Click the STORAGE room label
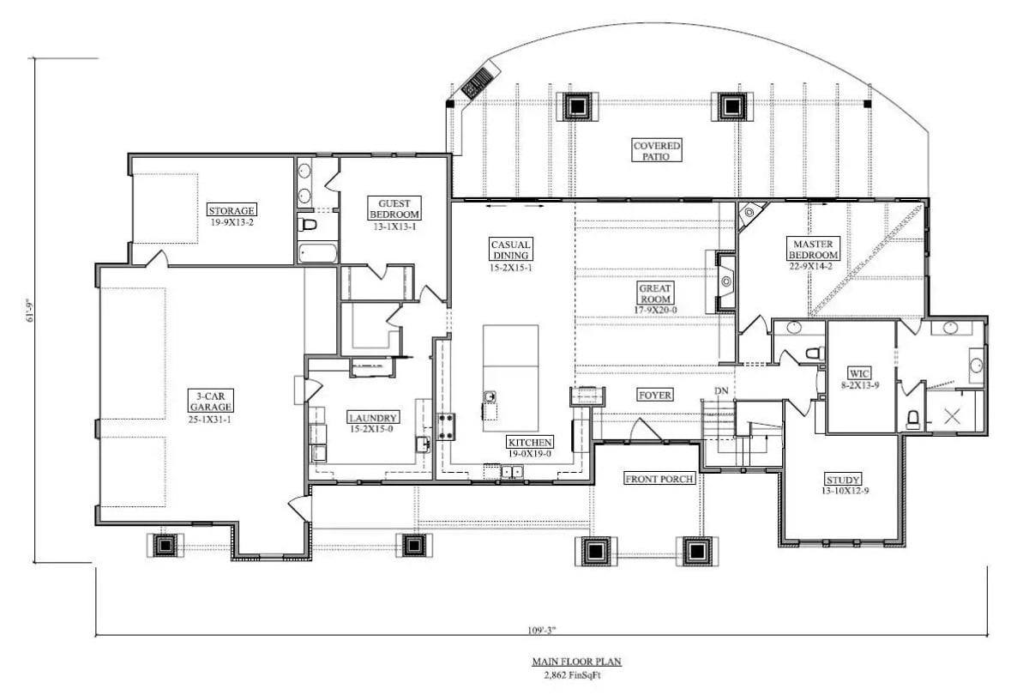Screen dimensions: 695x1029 click(x=232, y=210)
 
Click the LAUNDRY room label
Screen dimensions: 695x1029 click(x=373, y=418)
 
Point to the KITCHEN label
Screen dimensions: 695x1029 click(x=529, y=443)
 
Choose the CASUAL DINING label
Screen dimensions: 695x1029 click(x=510, y=249)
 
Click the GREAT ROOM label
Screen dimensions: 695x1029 click(x=655, y=293)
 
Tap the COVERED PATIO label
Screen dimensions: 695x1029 click(x=657, y=151)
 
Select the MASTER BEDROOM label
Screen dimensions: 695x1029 click(x=811, y=249)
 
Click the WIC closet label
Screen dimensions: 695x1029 click(x=859, y=374)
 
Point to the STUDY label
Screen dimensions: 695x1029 click(x=842, y=479)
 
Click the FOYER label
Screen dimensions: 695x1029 click(x=654, y=395)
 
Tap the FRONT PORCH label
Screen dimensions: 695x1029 click(x=659, y=479)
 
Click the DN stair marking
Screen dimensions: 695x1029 click(x=721, y=392)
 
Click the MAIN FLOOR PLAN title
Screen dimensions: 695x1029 click(x=575, y=662)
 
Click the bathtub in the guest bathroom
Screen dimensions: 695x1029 click(x=317, y=252)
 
